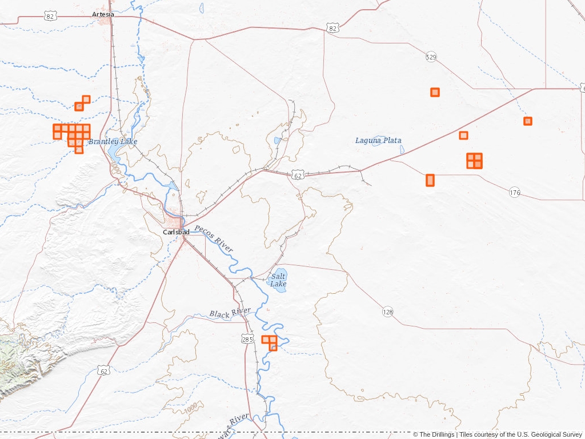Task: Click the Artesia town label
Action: (103, 14)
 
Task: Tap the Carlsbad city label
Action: (176, 232)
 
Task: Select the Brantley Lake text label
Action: (113, 141)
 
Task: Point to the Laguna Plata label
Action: (378, 141)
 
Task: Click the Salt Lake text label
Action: (278, 280)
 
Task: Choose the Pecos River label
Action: (214, 239)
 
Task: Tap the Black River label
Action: (230, 313)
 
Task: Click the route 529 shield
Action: (431, 57)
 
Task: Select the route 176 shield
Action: (515, 193)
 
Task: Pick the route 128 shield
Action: (388, 312)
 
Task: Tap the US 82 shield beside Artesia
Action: (51, 17)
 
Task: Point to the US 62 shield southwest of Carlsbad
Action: (103, 370)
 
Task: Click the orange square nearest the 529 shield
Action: (435, 92)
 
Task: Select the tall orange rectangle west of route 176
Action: (430, 180)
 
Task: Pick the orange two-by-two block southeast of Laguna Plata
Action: (474, 161)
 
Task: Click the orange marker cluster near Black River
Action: (270, 342)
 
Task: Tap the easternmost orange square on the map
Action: (528, 121)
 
